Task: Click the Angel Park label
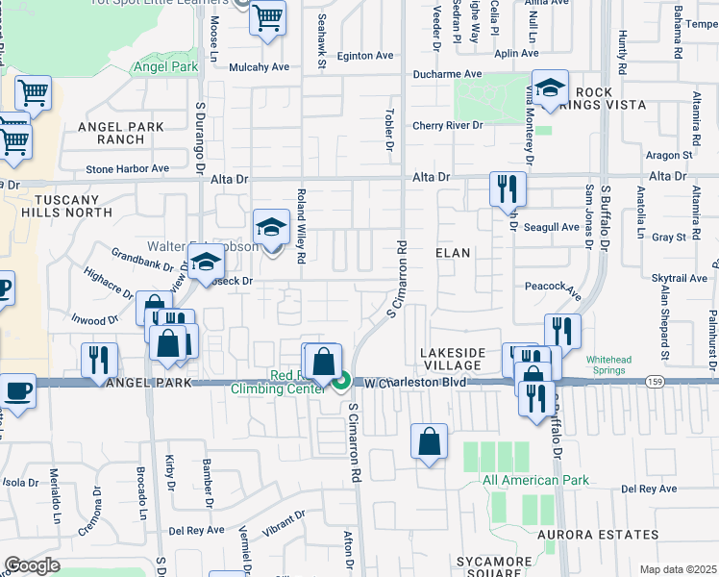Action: coord(166,66)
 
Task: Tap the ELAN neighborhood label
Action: coord(453,253)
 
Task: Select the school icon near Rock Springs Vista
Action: coord(550,88)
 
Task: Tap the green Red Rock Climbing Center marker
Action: coord(341,384)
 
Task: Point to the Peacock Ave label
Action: coord(554,287)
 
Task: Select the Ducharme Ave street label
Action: coord(446,73)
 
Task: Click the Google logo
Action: coord(31,565)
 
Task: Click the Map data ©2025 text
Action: coord(678,569)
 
